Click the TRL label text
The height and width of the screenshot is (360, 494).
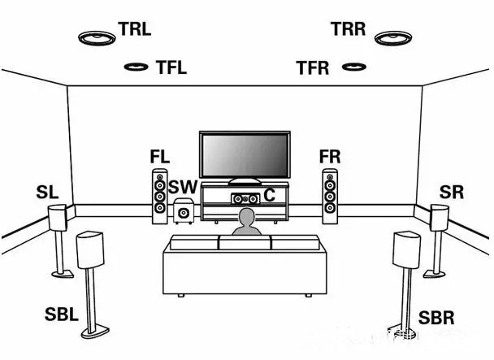135,30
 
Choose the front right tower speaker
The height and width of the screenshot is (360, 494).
329,196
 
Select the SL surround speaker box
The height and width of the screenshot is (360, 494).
58,218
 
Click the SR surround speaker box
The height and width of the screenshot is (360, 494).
439,217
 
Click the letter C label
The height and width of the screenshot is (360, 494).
269,195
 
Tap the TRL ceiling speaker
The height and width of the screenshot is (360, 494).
97,37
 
